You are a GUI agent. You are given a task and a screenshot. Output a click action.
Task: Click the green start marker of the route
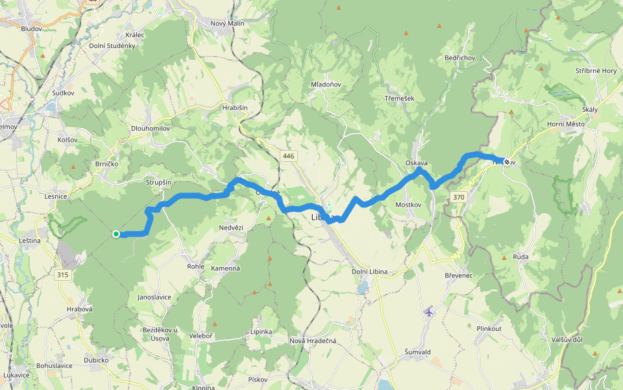point(116,234)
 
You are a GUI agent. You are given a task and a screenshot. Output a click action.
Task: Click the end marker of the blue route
point(506,161)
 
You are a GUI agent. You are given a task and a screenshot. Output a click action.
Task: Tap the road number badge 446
point(289,156)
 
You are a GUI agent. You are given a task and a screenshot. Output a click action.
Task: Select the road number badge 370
point(459,197)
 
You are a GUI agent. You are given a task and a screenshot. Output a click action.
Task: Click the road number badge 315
point(62,275)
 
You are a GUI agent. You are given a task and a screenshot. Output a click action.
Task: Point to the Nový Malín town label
point(227,23)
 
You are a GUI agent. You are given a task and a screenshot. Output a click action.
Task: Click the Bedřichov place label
point(460,58)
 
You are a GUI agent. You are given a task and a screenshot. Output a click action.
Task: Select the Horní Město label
point(565,124)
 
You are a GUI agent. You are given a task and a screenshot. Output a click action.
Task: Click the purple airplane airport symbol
point(428,313)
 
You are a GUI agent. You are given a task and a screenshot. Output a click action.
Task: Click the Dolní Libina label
point(369,271)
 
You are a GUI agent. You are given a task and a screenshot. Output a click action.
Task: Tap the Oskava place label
point(417,162)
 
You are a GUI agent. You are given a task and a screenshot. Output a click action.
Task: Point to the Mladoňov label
point(326,85)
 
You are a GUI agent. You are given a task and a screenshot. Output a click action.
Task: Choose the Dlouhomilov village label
point(150,129)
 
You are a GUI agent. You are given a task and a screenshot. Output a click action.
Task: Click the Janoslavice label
point(154,297)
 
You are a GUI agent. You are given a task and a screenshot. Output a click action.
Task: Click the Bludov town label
point(31,29)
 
